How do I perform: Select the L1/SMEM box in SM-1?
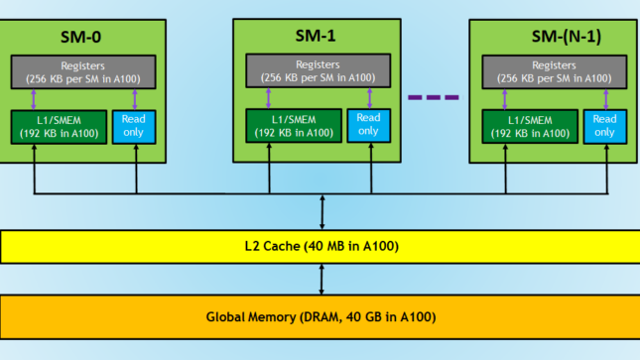292,125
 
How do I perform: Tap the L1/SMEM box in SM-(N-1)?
527,125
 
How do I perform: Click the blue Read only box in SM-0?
132,124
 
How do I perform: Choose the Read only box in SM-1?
367,124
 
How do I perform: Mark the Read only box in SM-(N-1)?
603,124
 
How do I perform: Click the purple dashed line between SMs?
434,97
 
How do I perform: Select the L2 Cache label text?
320,245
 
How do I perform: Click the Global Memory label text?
320,317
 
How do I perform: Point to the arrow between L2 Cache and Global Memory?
320,280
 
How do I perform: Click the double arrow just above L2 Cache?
320,211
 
